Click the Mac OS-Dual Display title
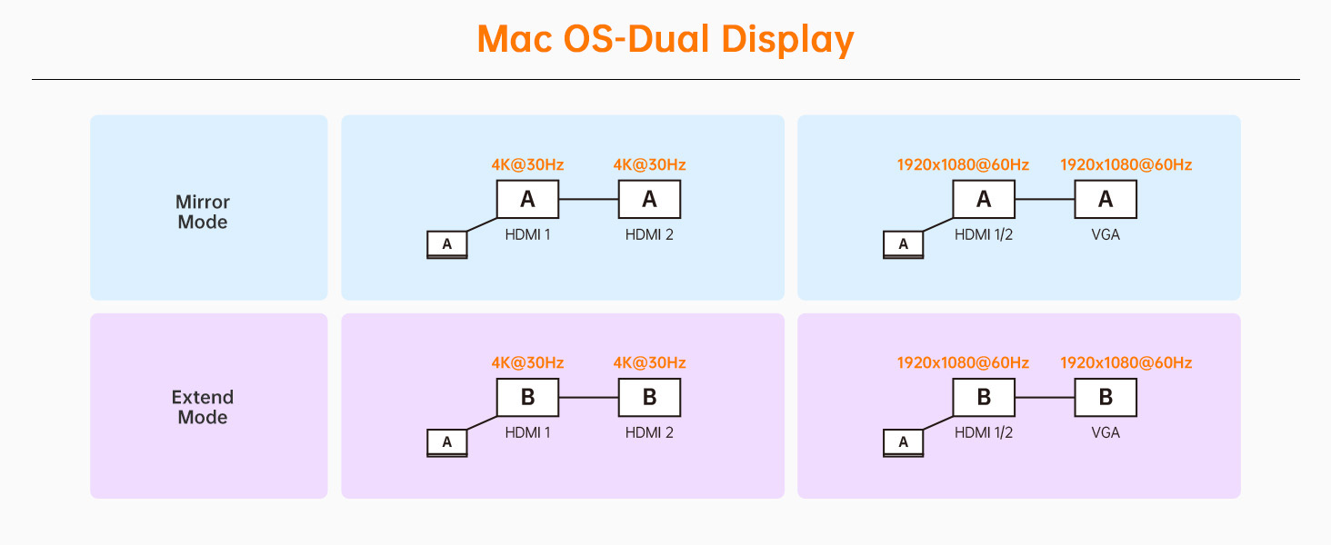pos(665,40)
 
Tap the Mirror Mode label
pos(203,212)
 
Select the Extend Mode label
pos(203,407)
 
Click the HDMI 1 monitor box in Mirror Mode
pos(527,200)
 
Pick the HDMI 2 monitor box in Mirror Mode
pos(649,200)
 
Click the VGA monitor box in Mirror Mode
pos(1106,200)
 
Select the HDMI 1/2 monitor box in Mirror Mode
pos(984,200)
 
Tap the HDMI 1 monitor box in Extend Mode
pos(527,397)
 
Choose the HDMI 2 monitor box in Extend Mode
pos(649,397)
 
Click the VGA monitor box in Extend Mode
pos(1106,397)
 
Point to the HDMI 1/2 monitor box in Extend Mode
pos(984,397)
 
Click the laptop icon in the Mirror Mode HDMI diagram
pos(447,244)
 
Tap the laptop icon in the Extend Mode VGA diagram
pos(903,443)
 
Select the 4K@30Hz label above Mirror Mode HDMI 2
pos(649,164)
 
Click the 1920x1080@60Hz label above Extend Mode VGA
pos(1126,362)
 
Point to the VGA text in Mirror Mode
pos(1106,234)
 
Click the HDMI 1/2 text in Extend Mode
pos(984,432)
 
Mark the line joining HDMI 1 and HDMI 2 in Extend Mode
pos(589,397)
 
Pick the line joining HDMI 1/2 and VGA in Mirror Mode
pos(1046,200)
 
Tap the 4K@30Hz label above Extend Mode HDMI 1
pos(527,362)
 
